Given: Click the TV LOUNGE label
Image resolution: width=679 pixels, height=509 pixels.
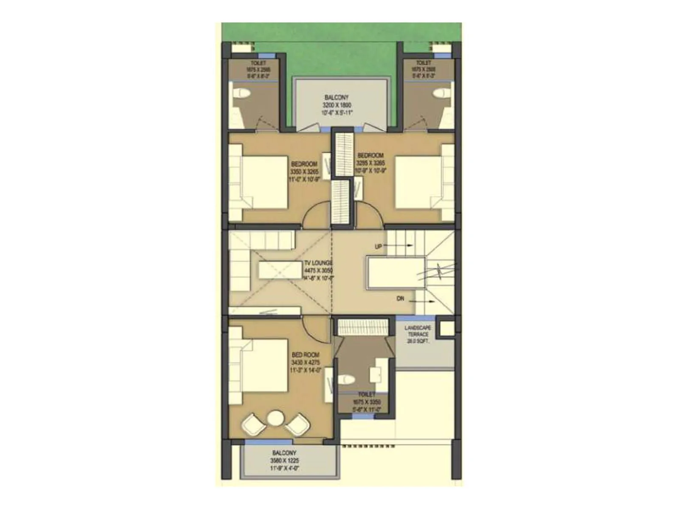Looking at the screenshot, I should point(318,263).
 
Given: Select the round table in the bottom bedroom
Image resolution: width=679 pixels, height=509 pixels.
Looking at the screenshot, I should point(275,419).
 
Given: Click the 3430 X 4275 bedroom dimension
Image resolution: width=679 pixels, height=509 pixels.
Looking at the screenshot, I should point(306,363).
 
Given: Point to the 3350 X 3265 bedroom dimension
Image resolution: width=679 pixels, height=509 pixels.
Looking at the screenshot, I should point(304,172).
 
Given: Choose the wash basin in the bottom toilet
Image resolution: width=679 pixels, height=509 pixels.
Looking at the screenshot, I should point(376,375).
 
